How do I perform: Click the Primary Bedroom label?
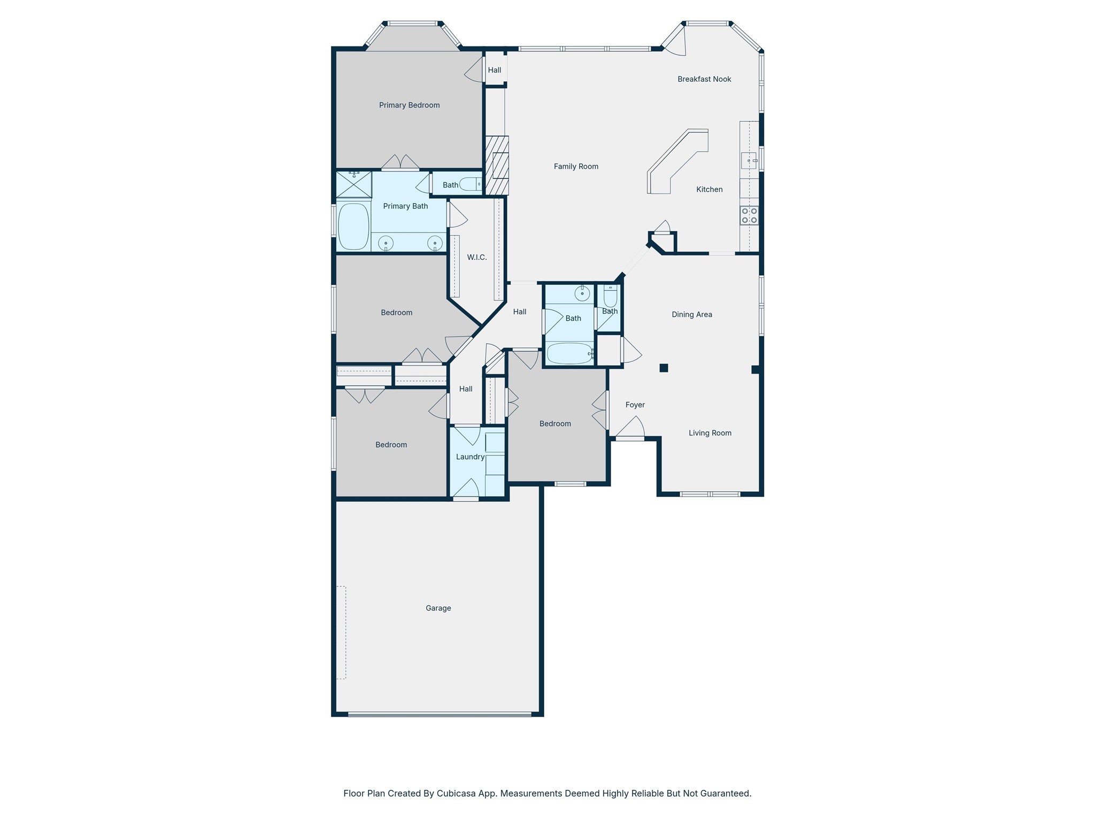pos(409,105)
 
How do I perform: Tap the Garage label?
pos(438,608)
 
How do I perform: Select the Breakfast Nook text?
pos(704,79)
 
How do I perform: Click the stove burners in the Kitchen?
pos(749,215)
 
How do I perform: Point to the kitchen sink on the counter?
pos(749,160)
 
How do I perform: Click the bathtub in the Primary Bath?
pos(353,226)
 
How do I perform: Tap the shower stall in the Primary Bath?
pos(353,184)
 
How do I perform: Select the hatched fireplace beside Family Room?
pos(497,165)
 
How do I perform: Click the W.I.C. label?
pos(476,258)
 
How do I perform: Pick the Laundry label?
pos(470,457)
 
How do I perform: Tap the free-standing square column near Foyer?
pos(664,368)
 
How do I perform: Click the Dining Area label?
pos(691,315)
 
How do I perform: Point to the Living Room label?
pos(710,433)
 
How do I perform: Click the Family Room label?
pos(576,167)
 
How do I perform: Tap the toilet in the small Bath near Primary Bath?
pos(471,184)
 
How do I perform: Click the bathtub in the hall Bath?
pos(569,353)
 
